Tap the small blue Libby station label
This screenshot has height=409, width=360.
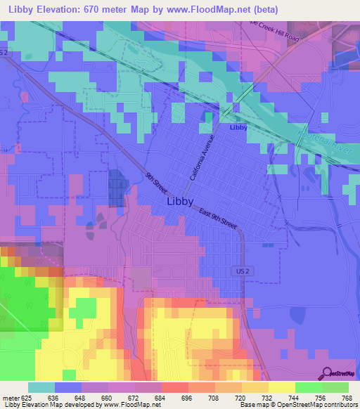[238, 127]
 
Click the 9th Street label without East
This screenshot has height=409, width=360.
[156, 185]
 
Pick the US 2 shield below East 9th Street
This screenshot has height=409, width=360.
[240, 271]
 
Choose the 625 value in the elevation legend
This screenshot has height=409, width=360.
[27, 397]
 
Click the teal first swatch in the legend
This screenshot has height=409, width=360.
[41, 387]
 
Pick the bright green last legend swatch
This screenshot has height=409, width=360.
[335, 387]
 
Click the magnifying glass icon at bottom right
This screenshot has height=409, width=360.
[327, 372]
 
